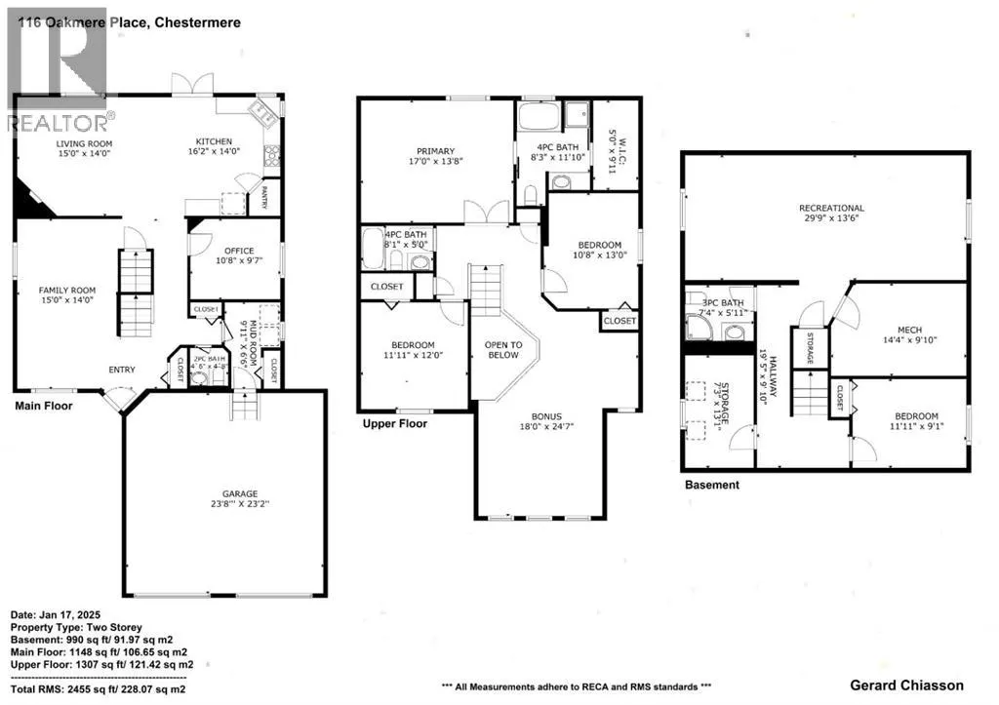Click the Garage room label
tap(223, 494)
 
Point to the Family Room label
tap(66, 291)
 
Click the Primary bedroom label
tap(435, 151)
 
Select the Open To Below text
tap(503, 350)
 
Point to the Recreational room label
tap(831, 208)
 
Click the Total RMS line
tap(98, 688)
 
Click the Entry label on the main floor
tap(122, 369)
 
